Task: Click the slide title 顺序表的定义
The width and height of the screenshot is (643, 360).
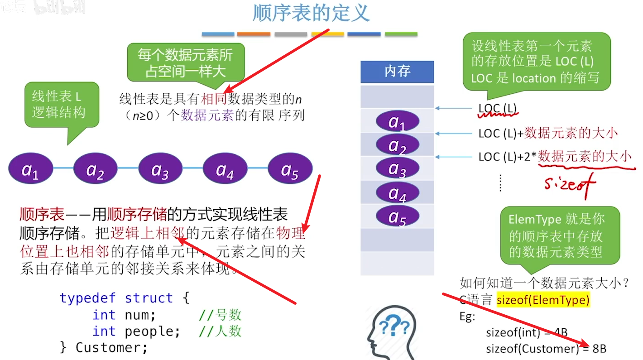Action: coord(311,13)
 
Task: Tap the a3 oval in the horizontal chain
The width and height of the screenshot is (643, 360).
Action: coord(160,170)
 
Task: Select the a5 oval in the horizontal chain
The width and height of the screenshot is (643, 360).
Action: coord(290,170)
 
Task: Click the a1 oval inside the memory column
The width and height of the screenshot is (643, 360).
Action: coord(397,121)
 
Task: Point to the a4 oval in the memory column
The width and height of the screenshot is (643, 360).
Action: coord(397,193)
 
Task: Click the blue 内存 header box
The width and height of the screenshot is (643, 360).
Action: coord(397,72)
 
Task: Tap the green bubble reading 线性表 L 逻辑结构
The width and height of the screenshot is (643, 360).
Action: coord(61,104)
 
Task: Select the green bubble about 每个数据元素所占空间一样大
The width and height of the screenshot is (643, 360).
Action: coord(186,63)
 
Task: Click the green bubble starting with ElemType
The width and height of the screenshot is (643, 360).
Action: coord(559,235)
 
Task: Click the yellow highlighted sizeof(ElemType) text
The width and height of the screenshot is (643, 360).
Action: coord(543,299)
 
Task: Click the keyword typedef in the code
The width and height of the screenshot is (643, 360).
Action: coord(88,298)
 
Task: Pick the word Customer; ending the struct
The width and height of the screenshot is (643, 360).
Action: coord(111,348)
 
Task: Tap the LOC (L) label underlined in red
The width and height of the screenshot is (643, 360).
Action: coord(498,109)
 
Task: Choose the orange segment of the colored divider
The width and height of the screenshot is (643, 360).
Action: coord(254,34)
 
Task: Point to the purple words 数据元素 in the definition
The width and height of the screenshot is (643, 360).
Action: coord(207,115)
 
